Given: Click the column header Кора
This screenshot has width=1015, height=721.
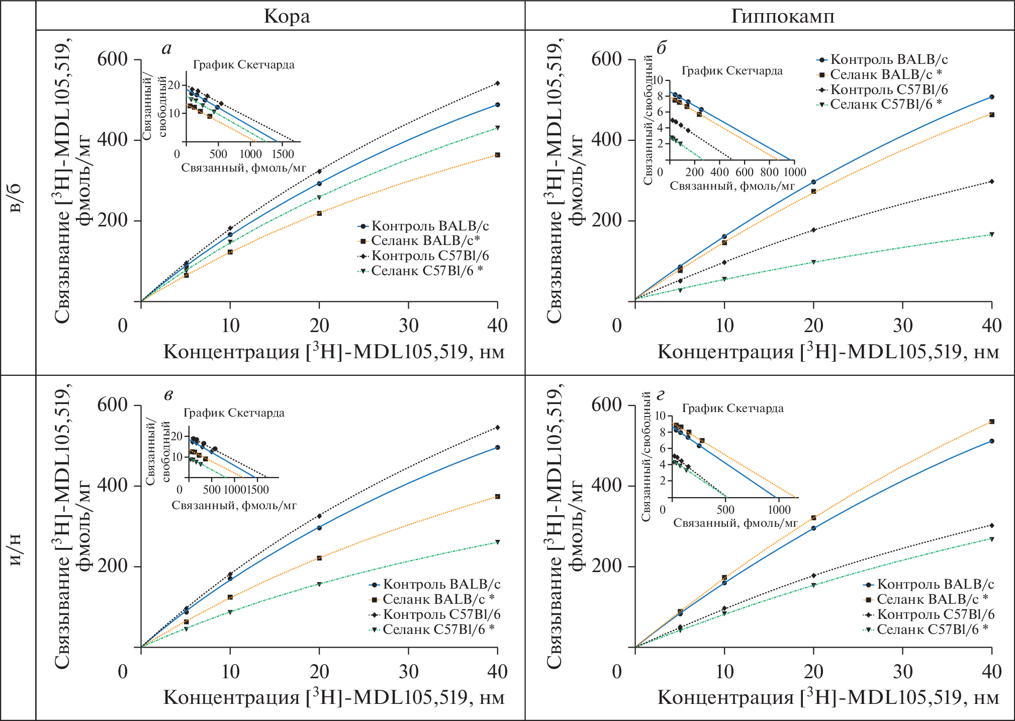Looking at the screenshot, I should pos(287,16).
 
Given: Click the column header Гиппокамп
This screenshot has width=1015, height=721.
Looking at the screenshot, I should pos(782,16).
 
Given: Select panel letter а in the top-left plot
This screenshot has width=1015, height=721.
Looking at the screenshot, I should pos(166,48).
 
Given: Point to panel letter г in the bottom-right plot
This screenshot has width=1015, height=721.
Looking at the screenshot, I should pos(661,395).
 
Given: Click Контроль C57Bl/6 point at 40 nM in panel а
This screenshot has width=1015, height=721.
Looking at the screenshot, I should pos(497,83).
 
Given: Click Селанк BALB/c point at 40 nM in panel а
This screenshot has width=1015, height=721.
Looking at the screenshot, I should pos(497,155).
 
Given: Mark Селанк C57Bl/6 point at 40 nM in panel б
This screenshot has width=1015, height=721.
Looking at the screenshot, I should pos(991,234).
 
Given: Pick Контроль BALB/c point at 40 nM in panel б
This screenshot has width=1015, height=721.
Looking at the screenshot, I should pos(991,97).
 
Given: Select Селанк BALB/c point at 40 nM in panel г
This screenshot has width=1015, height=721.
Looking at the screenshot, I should pos(991,422).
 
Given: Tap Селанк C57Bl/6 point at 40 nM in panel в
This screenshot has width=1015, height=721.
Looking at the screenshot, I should pos(497,542).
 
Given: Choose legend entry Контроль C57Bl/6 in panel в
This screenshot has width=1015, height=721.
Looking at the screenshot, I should pos(441,614).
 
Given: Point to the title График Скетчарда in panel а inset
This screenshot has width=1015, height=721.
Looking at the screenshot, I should pos(244,64).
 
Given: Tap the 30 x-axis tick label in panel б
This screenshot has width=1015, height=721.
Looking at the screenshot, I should pos(902,326).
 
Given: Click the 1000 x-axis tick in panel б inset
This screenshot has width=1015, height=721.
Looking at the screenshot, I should pos(794,172).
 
